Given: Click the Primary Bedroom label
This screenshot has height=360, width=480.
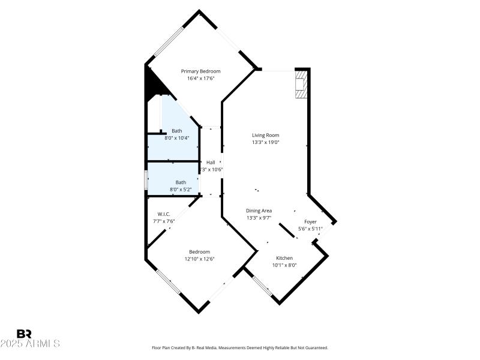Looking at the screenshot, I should [200, 71].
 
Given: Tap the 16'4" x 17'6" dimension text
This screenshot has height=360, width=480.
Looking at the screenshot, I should [200, 78].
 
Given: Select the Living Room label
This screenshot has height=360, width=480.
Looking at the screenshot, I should [265, 136].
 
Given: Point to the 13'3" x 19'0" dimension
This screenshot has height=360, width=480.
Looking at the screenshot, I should [265, 142].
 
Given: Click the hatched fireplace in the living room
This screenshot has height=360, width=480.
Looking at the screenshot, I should [301, 85].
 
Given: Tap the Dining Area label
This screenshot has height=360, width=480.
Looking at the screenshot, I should [259, 211].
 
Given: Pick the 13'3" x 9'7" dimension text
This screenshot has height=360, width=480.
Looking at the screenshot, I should [259, 218].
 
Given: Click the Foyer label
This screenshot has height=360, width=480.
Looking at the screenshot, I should [310, 222].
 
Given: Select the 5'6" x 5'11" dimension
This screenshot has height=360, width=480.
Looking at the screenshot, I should [310, 229].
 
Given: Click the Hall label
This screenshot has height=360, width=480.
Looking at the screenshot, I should [211, 163].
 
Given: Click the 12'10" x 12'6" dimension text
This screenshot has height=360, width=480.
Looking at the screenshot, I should [199, 259].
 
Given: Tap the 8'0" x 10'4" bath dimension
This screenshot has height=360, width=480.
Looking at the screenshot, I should [177, 138].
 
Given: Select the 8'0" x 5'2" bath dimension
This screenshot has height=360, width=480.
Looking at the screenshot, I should [181, 190].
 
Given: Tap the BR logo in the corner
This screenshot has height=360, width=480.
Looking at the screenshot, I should [24, 334].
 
